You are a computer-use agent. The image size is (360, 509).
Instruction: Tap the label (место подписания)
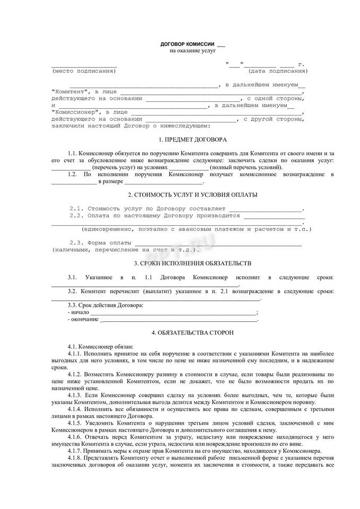[x=83, y=71]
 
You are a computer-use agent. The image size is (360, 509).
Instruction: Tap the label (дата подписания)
[x=278, y=71]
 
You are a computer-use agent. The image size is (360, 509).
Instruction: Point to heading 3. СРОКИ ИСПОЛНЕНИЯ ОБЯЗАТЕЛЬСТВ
[x=192, y=263]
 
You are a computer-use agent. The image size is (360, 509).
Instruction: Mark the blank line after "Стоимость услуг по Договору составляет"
[x=265, y=208]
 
